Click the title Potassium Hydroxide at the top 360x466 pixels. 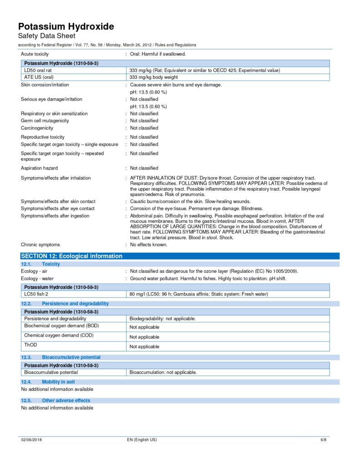[x=66, y=26]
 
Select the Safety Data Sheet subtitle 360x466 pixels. [x=46, y=36]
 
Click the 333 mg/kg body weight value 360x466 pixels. [x=154, y=77]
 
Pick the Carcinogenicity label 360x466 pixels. [x=37, y=128]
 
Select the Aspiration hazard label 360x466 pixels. [x=39, y=168]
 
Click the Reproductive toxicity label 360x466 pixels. [x=43, y=137]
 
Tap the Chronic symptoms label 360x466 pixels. [x=41, y=244]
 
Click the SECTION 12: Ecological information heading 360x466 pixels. [x=72, y=256]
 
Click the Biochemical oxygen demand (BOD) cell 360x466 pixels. [x=61, y=326]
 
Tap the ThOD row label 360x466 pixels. [x=30, y=345]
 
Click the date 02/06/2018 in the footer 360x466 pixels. [x=31, y=440]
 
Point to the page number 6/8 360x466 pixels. [x=324, y=440]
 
